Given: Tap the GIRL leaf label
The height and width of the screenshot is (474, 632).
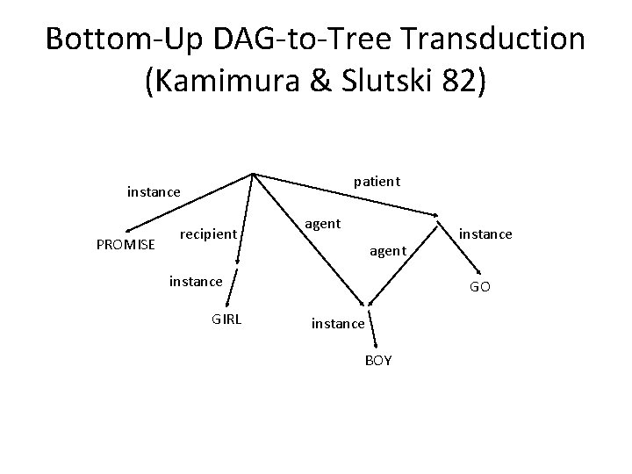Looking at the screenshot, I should point(227,320).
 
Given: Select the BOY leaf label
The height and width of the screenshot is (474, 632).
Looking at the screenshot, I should point(377,361).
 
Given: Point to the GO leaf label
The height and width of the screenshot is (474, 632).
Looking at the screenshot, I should point(480,287).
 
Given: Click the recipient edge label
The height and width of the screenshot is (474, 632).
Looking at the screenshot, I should point(208,233).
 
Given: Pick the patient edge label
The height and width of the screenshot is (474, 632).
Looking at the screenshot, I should point(377,182).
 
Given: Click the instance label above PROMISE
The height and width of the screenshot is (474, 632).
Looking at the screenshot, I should point(154,190).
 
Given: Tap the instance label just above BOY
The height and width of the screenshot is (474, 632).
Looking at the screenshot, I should point(338,324).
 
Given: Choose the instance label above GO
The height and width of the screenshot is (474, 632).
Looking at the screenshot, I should point(485,233).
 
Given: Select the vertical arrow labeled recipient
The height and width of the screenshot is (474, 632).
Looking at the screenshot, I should point(246,219).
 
